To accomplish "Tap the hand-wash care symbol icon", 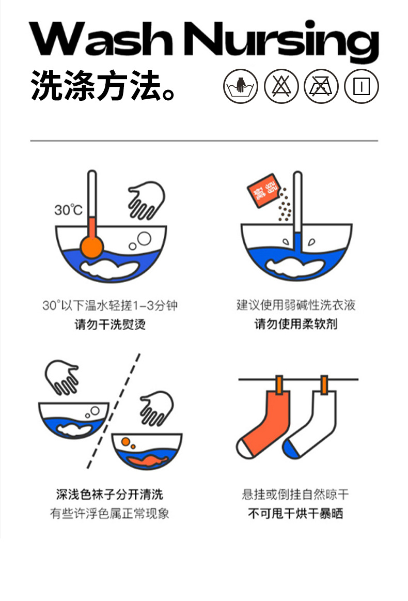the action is click(x=241, y=86).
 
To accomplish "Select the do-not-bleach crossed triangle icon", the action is click(x=281, y=86).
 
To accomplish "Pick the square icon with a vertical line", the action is click(x=362, y=86).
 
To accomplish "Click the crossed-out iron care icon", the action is click(x=321, y=86).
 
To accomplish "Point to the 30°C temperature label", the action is click(x=68, y=210).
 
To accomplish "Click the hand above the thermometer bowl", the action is click(x=147, y=199).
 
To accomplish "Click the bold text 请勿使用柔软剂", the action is click(x=296, y=325).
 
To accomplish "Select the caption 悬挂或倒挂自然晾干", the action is click(x=295, y=495).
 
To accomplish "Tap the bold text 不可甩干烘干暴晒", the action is click(x=295, y=514).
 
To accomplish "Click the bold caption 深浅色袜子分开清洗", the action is click(x=109, y=495).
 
